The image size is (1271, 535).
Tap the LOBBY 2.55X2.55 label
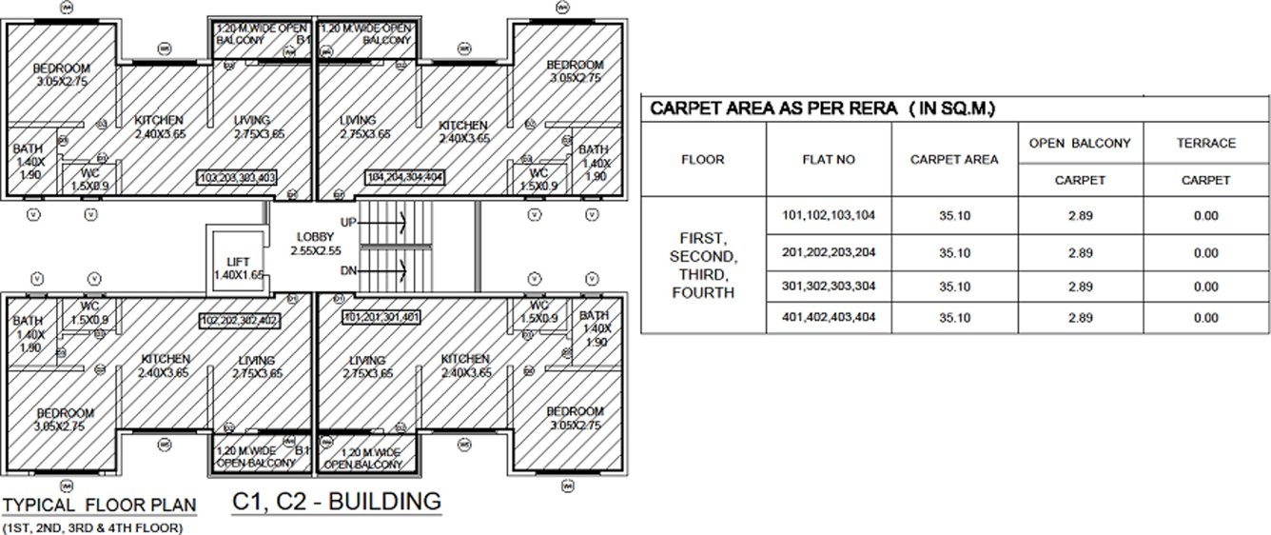click(x=314, y=244)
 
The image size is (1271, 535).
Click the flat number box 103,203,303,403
click(x=237, y=178)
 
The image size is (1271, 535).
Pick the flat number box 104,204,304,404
click(x=404, y=178)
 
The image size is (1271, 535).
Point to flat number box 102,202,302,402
click(x=238, y=320)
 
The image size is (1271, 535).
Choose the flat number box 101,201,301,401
click(x=381, y=317)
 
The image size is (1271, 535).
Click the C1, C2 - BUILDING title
click(x=336, y=502)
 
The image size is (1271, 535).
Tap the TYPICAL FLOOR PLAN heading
click(x=99, y=505)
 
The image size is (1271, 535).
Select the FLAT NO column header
click(x=828, y=160)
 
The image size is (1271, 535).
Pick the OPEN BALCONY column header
click(x=1079, y=144)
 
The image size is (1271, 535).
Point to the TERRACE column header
click(x=1205, y=144)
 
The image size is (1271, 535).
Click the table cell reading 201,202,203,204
click(x=828, y=252)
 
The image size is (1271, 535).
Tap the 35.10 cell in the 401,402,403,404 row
click(x=953, y=317)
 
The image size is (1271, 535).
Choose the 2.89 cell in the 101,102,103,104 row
click(x=1079, y=216)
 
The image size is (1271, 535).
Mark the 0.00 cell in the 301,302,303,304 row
click(x=1205, y=287)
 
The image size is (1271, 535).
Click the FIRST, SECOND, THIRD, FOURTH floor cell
click(x=703, y=265)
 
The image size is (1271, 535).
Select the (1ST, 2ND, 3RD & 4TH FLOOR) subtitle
click(x=92, y=526)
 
